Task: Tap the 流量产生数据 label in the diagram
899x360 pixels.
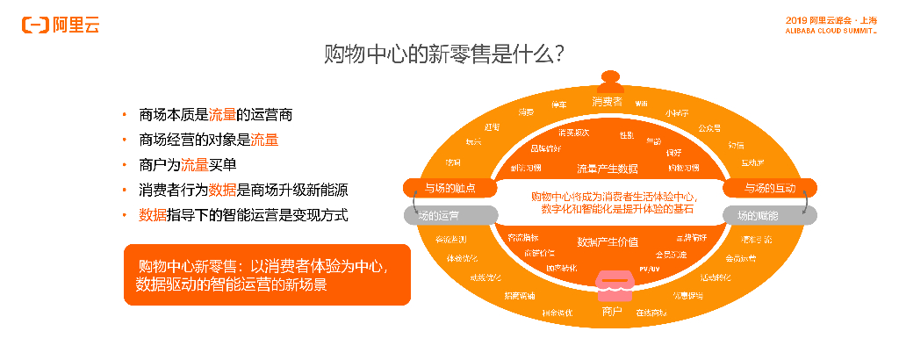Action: (x=607, y=168)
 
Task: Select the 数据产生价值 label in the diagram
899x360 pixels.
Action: (x=607, y=241)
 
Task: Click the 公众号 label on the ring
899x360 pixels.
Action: (x=709, y=127)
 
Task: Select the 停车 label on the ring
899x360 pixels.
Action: (x=558, y=104)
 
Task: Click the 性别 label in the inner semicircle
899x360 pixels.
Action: (x=626, y=135)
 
